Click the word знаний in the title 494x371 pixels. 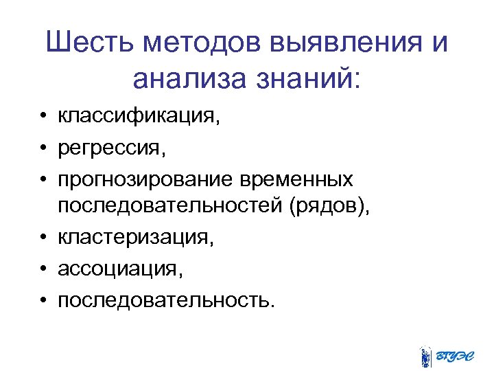click(308, 80)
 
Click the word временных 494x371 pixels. click(297, 180)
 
